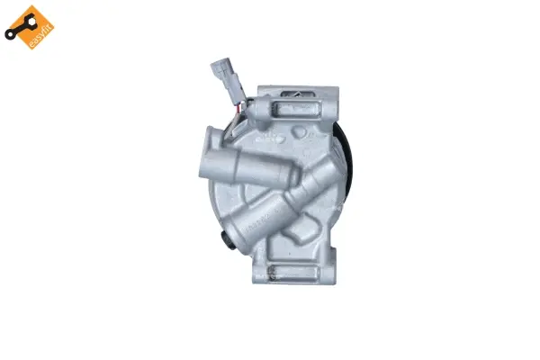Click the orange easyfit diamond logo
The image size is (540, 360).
(x=29, y=27)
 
